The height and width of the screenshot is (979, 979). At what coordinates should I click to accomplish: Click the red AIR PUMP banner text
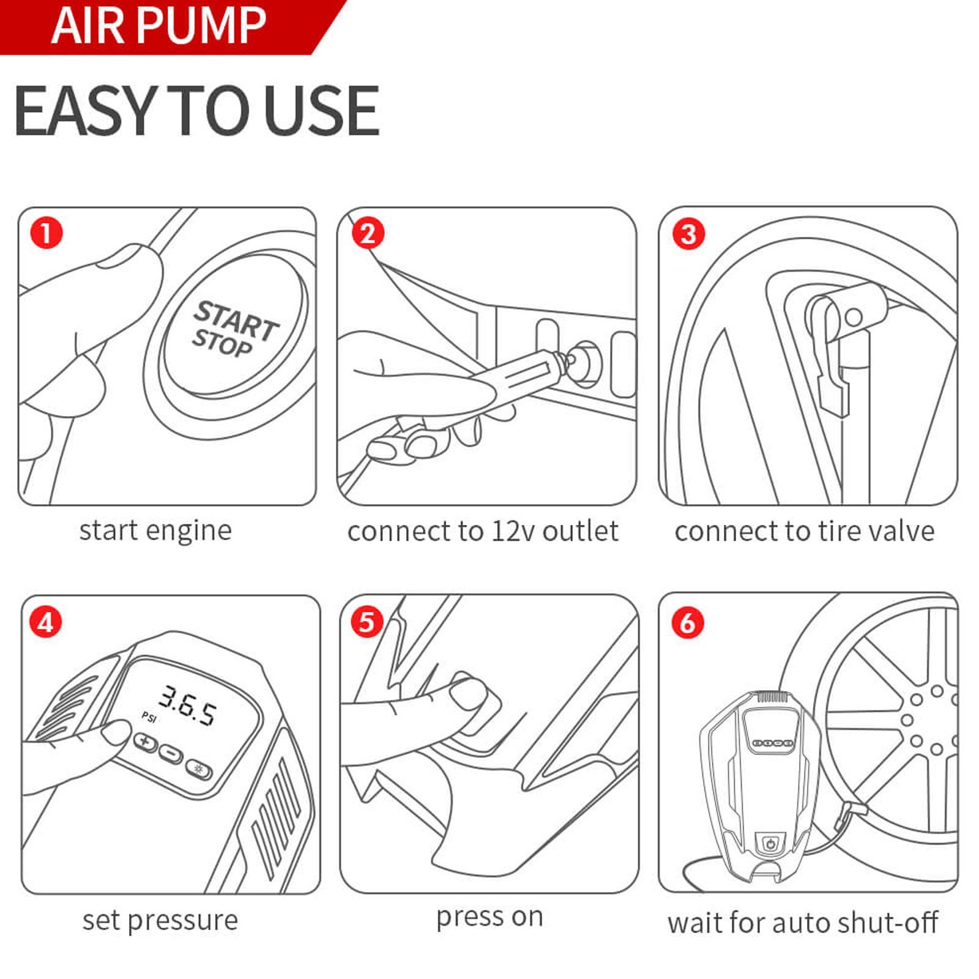click(158, 25)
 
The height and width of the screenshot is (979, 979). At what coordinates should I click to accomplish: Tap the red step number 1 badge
click(47, 233)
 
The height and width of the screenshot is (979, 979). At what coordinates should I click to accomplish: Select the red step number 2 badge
click(368, 233)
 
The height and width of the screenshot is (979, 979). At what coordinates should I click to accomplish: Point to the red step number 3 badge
click(688, 234)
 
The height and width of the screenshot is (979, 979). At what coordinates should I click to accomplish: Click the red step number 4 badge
click(46, 622)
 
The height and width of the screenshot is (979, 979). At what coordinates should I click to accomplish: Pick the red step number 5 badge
click(367, 622)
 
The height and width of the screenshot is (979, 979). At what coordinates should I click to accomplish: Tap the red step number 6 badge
click(688, 623)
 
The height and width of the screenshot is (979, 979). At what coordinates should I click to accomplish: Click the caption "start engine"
click(155, 530)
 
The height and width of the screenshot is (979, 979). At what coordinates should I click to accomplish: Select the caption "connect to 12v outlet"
click(483, 531)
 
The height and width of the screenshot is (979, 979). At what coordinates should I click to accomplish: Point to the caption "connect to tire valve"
click(805, 531)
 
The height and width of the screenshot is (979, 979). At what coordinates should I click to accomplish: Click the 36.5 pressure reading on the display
click(187, 705)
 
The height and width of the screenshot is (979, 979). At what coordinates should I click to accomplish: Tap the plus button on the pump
click(146, 742)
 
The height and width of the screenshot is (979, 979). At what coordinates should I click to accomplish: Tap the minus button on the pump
click(171, 753)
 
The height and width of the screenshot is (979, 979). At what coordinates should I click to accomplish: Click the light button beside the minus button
click(199, 769)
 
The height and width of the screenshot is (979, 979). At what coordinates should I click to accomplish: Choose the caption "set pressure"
click(160, 920)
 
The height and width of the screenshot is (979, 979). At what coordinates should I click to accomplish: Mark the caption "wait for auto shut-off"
click(803, 923)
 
